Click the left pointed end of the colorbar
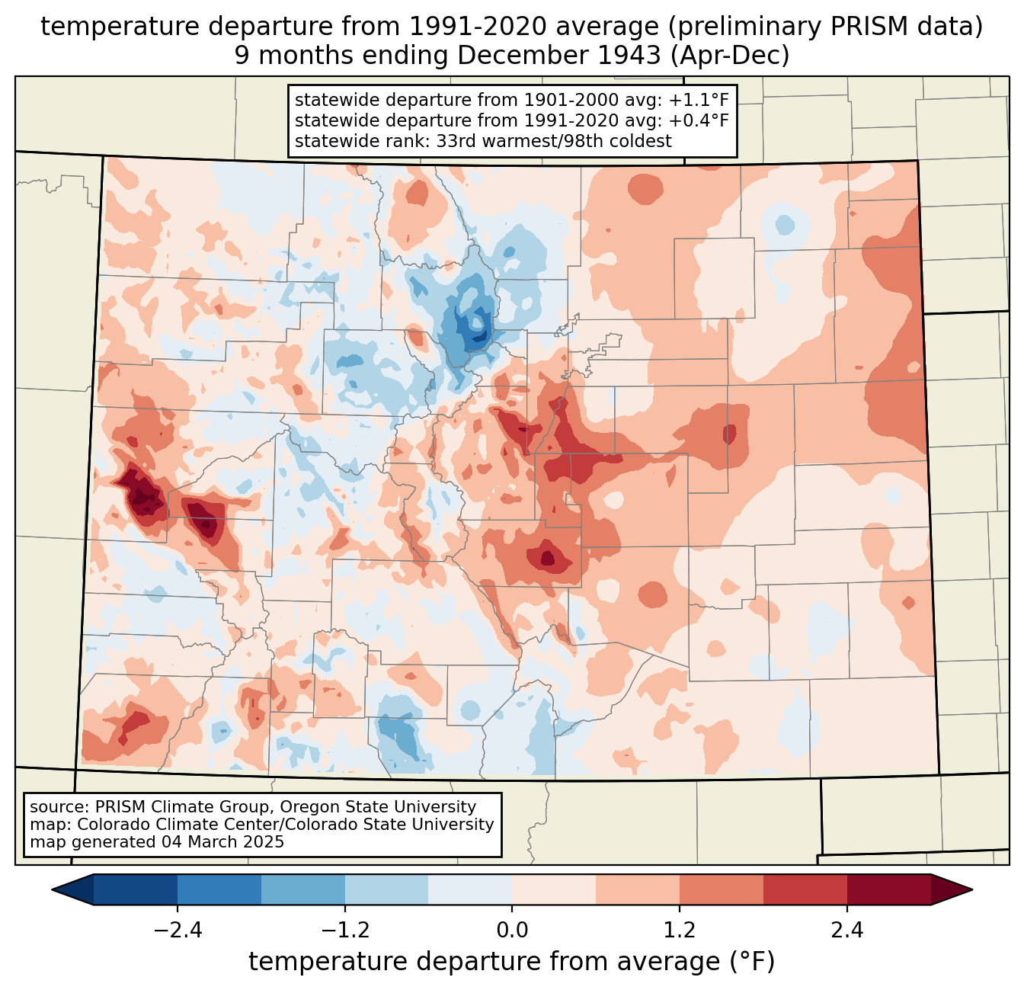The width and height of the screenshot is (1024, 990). [x=53, y=890]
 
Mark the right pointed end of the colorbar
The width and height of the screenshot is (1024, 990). [x=971, y=890]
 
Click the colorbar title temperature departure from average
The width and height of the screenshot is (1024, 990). [x=512, y=961]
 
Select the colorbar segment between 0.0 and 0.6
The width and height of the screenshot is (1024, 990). [x=554, y=890]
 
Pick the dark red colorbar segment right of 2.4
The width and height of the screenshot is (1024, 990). [x=889, y=890]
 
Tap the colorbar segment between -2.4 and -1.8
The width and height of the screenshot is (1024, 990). [x=219, y=890]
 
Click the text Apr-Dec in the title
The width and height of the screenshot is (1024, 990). [x=730, y=56]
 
